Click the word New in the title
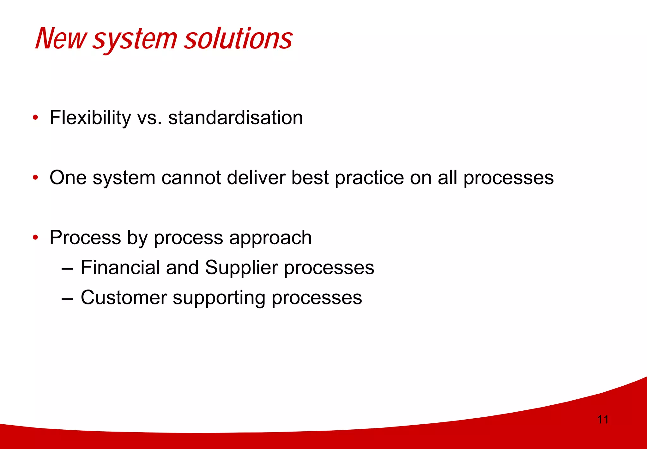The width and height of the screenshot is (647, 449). [60, 39]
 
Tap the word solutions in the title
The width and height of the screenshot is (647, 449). [238, 39]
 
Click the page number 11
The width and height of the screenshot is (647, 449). [602, 420]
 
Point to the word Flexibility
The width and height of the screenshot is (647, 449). [90, 118]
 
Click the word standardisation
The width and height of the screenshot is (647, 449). [235, 118]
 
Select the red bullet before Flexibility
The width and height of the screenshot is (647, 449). [35, 118]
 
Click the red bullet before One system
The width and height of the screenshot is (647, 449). [35, 178]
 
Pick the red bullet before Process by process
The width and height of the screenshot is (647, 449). [35, 237]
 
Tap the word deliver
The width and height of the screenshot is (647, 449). [256, 178]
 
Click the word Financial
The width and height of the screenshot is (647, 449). [120, 267]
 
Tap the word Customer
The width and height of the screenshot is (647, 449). [124, 298]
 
